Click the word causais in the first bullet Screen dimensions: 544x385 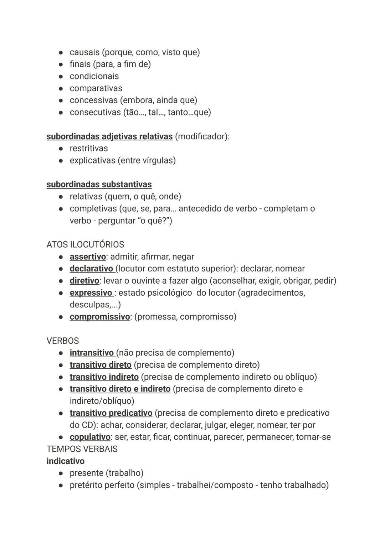click(84, 52)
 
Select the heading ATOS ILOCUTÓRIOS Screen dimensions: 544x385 click(85, 244)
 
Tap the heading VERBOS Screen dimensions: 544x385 click(62, 341)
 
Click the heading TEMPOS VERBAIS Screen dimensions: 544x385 click(82, 449)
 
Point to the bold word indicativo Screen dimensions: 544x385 click(65, 461)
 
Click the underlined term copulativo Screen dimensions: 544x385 click(90, 437)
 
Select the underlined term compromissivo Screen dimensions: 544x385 click(99, 317)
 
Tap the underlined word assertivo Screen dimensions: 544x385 click(88, 257)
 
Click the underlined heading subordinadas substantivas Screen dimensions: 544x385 click(99, 184)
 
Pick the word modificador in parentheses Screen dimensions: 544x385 click(201, 136)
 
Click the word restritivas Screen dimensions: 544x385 click(88, 148)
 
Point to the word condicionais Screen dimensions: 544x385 click(94, 76)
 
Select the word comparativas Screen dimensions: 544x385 click(96, 88)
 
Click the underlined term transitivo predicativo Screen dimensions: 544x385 click(111, 413)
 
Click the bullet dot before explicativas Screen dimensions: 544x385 click(61, 160)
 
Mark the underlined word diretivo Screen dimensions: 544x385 click(84, 281)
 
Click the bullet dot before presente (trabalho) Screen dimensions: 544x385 click(61, 473)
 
